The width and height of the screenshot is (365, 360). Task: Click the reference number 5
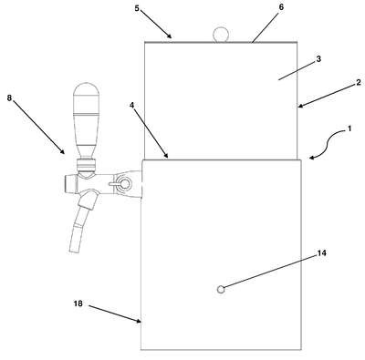pyautogui.click(x=137, y=8)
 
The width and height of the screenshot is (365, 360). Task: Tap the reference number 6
pyautogui.click(x=281, y=7)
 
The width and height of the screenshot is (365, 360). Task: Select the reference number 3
pyautogui.click(x=318, y=59)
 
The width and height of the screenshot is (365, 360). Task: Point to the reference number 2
pyautogui.click(x=359, y=82)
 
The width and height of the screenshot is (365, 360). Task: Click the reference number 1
pyautogui.click(x=349, y=129)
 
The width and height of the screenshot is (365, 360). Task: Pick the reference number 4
pyautogui.click(x=131, y=105)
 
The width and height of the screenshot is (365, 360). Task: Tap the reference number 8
pyautogui.click(x=9, y=98)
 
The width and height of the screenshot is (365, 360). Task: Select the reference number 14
pyautogui.click(x=322, y=252)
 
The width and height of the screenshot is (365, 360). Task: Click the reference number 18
pyautogui.click(x=78, y=303)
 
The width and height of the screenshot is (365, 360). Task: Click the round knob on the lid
pyautogui.click(x=221, y=35)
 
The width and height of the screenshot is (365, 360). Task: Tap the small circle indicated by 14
pyautogui.click(x=221, y=289)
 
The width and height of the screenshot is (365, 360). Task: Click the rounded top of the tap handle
pyautogui.click(x=87, y=89)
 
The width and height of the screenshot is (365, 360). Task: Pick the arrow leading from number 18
pyautogui.click(x=115, y=314)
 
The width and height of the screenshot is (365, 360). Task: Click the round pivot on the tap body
pyautogui.click(x=125, y=183)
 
